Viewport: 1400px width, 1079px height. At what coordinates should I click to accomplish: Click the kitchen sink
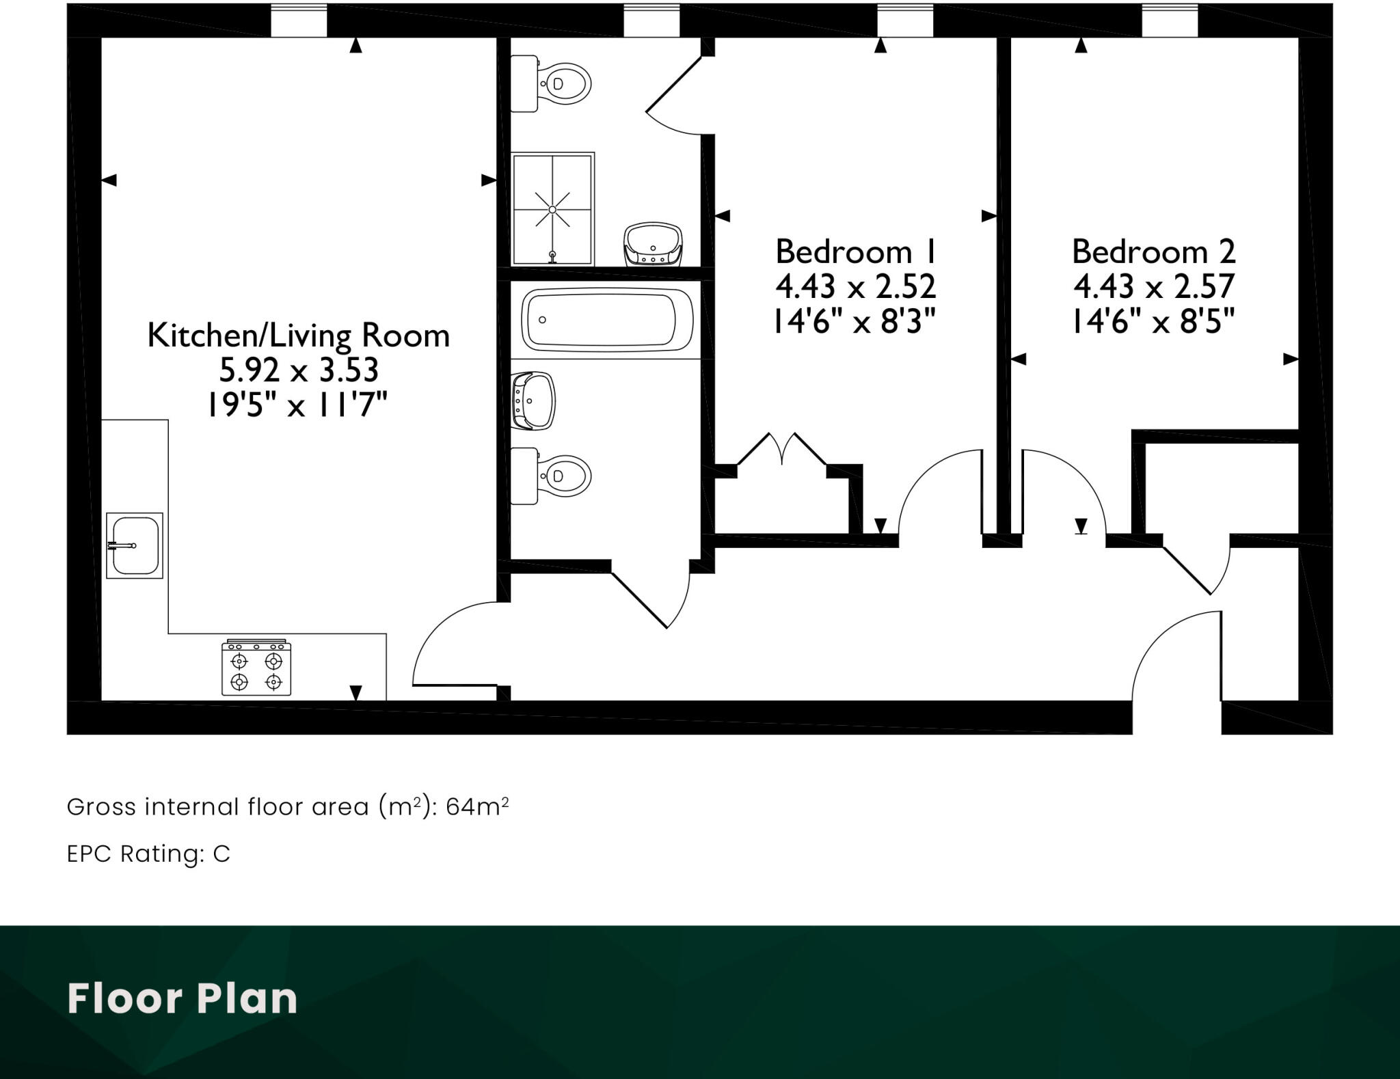click(x=135, y=545)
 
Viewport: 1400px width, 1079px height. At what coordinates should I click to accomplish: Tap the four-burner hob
click(x=256, y=670)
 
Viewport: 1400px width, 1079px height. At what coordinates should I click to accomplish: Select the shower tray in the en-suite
click(x=552, y=209)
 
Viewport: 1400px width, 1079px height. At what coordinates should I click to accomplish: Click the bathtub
click(x=607, y=320)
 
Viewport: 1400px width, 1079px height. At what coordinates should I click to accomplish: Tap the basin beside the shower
click(x=654, y=245)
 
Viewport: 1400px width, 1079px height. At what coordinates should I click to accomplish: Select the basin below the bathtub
click(x=534, y=401)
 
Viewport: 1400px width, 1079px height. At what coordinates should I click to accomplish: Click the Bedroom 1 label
click(x=855, y=252)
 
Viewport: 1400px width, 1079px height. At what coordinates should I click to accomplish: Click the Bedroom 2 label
click(x=1153, y=252)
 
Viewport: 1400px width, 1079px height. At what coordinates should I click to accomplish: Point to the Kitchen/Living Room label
click(x=299, y=336)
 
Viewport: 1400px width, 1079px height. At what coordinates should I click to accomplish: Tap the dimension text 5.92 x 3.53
click(x=299, y=370)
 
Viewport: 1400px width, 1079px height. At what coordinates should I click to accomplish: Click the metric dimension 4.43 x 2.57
click(x=1153, y=286)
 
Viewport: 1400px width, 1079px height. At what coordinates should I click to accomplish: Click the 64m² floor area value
click(x=477, y=807)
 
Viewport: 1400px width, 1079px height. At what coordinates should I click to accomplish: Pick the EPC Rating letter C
click(x=221, y=854)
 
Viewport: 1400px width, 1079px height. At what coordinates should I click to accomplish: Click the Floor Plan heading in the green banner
click(x=183, y=998)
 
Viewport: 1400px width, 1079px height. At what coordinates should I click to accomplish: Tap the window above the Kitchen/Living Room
click(x=299, y=21)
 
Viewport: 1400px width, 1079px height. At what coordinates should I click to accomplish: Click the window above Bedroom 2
click(x=1169, y=21)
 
